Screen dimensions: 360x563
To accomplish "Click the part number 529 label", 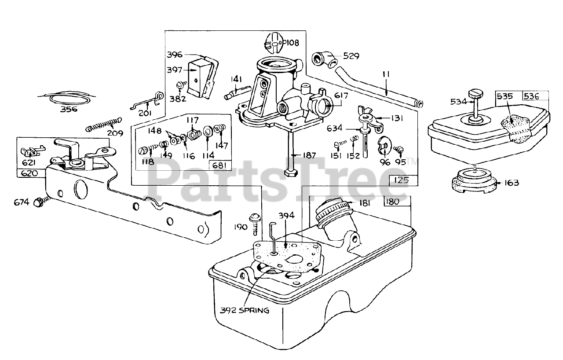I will [x=351, y=56].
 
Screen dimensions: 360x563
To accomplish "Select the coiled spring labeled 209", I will [x=103, y=124].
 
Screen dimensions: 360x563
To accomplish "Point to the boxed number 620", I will [x=28, y=173].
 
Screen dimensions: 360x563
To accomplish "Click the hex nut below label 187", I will [x=291, y=172].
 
